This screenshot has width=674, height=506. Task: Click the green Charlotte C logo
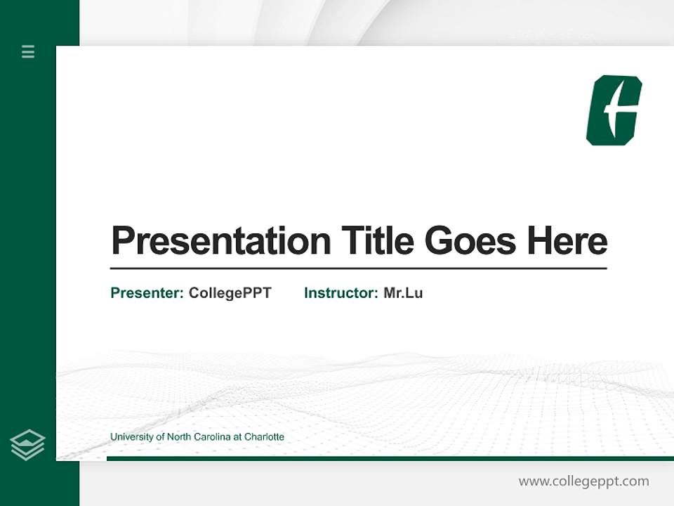pyautogui.click(x=614, y=110)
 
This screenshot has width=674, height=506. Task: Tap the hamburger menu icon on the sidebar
pyautogui.click(x=28, y=51)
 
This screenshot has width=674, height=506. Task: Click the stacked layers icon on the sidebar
pyautogui.click(x=27, y=445)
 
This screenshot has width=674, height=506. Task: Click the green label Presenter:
pyautogui.click(x=147, y=293)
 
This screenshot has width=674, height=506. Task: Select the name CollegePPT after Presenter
pyautogui.click(x=230, y=293)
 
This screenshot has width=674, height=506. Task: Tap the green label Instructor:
pyautogui.click(x=341, y=293)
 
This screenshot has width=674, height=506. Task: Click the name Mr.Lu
pyautogui.click(x=403, y=293)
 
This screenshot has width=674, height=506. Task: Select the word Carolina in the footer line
pyautogui.click(x=212, y=437)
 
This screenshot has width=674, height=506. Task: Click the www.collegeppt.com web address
pyautogui.click(x=583, y=481)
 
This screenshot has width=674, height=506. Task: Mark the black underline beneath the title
pyautogui.click(x=358, y=268)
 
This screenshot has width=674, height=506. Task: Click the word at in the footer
pyautogui.click(x=237, y=437)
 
